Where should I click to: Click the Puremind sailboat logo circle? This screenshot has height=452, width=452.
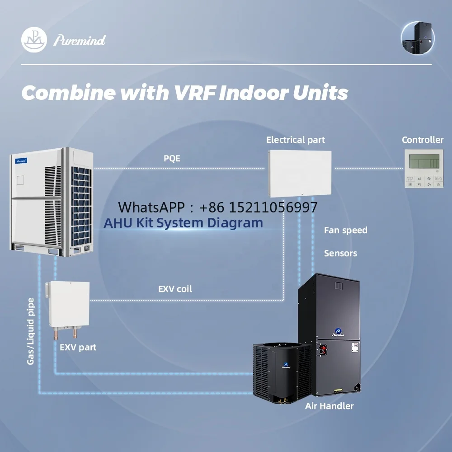[x=34, y=40]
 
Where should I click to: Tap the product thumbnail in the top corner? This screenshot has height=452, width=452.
[x=418, y=38]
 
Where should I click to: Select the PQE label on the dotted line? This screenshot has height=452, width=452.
[x=172, y=159]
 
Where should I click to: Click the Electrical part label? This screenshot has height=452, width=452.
[x=296, y=140]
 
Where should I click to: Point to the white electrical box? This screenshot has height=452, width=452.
[x=300, y=173]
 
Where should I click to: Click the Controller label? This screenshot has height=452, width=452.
[x=423, y=140]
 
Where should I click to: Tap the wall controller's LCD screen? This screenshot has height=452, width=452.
[x=424, y=161]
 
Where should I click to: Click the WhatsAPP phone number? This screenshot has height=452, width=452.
[x=259, y=207]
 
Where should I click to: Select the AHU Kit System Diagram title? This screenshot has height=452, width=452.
[x=183, y=223]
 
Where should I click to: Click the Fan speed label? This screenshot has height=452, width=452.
[x=345, y=231]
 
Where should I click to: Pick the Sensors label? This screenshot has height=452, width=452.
[x=340, y=254]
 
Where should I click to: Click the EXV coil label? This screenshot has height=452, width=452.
[x=175, y=289]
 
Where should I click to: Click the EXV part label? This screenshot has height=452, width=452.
[x=78, y=348]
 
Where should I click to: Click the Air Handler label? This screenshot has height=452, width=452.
[x=329, y=406]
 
